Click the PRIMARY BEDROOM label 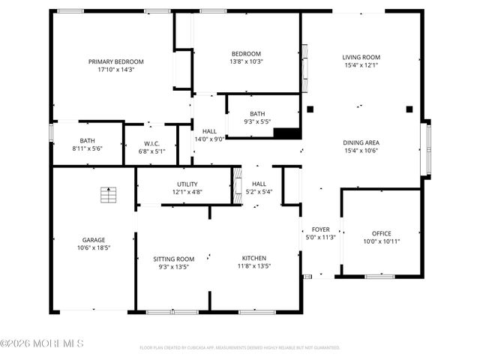115,61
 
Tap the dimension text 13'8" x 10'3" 246,61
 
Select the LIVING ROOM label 361,57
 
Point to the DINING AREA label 361,142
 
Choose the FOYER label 316,229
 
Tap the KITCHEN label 253,258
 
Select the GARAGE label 94,240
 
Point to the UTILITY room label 187,184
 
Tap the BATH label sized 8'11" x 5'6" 88,141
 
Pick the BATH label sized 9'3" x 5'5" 257,114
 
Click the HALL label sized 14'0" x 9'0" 209,131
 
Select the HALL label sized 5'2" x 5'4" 259,184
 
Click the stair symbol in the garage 108,194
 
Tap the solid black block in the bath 286,133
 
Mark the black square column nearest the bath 309,109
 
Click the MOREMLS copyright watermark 42,343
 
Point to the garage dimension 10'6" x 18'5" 94,248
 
